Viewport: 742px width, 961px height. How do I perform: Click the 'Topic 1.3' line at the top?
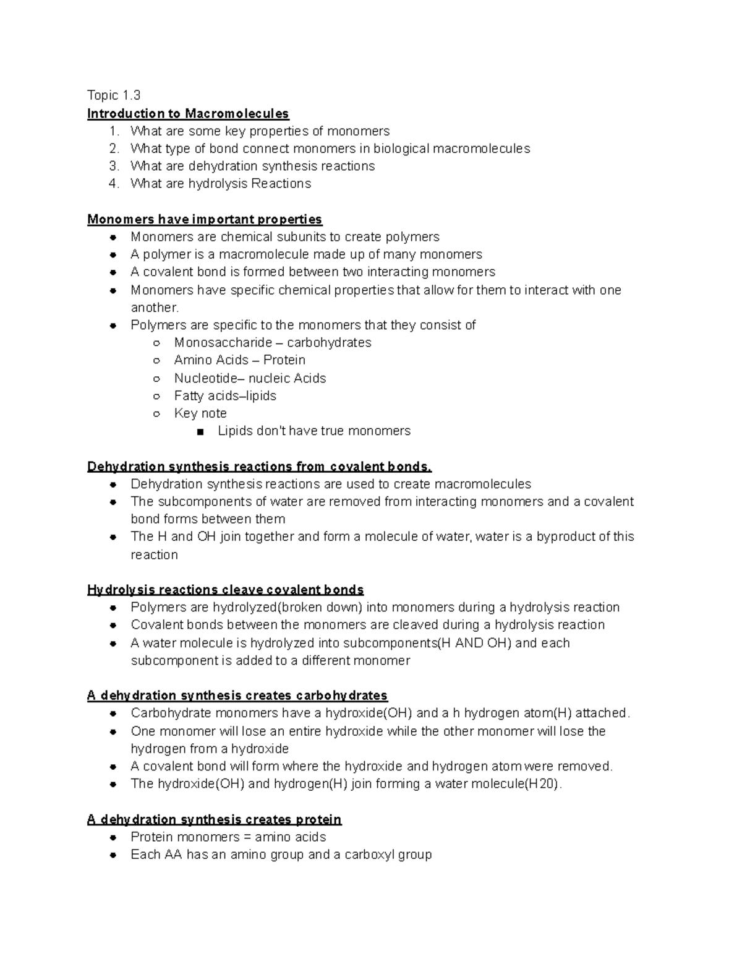click(114, 95)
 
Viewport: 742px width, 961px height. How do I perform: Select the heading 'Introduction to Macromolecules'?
click(188, 114)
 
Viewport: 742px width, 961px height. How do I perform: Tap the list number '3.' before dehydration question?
click(113, 166)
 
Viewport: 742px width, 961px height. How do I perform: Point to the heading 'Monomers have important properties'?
click(205, 220)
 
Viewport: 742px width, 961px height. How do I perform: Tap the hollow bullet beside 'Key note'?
click(157, 414)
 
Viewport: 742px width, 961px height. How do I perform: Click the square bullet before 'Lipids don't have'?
click(200, 432)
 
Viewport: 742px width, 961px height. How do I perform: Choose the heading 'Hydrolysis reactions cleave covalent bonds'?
click(225, 590)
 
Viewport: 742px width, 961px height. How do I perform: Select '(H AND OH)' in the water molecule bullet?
click(474, 644)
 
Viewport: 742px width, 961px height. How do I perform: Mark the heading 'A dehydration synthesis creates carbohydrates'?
click(237, 696)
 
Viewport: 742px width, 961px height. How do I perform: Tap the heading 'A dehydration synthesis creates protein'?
click(214, 820)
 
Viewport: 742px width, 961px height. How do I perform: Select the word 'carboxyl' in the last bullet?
click(369, 855)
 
